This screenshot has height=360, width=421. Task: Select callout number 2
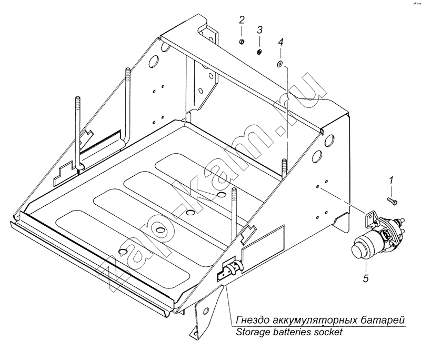(242, 21)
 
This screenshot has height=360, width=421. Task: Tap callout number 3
(259, 29)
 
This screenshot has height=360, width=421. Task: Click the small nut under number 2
(240, 42)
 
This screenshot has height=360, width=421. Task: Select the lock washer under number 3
(259, 51)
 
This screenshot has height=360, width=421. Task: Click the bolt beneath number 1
(392, 200)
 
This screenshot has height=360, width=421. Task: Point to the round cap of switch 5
(359, 247)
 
